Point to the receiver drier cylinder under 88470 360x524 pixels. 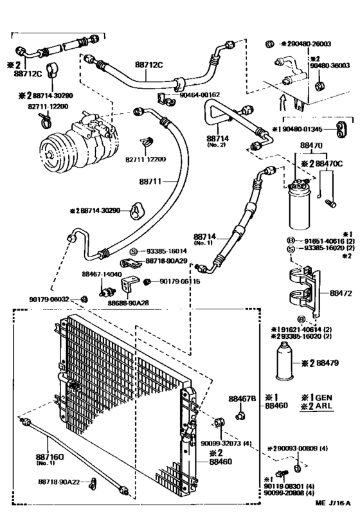click(x=301, y=205)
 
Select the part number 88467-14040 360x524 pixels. click(x=98, y=274)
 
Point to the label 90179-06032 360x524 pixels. click(x=49, y=299)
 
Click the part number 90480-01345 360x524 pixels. click(x=303, y=129)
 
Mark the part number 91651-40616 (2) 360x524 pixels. click(x=324, y=240)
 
